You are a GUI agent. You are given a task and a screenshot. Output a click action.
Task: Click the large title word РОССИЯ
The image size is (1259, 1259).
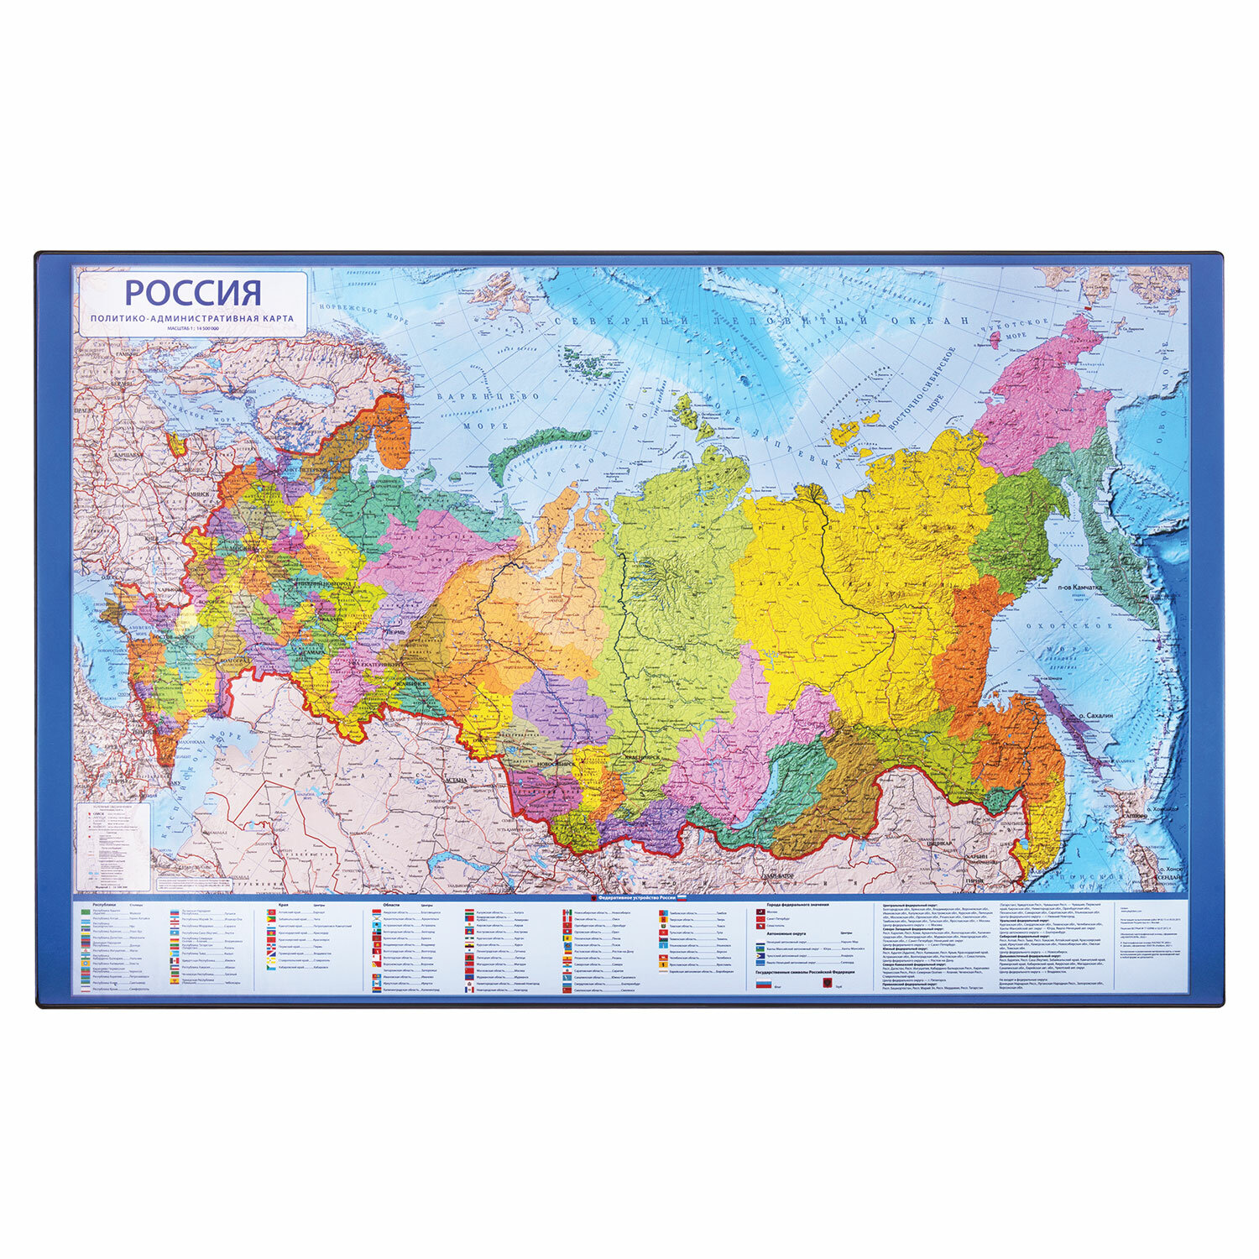click(x=193, y=293)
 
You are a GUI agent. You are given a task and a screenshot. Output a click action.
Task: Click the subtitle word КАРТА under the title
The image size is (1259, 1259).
click(x=274, y=318)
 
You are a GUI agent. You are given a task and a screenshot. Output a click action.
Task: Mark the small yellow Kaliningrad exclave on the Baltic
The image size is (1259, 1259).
click(x=177, y=443)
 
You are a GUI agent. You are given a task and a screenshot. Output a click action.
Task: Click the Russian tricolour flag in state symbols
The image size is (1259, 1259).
click(x=764, y=985)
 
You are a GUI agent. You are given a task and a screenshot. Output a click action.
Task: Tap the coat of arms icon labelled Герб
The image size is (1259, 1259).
click(x=826, y=985)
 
